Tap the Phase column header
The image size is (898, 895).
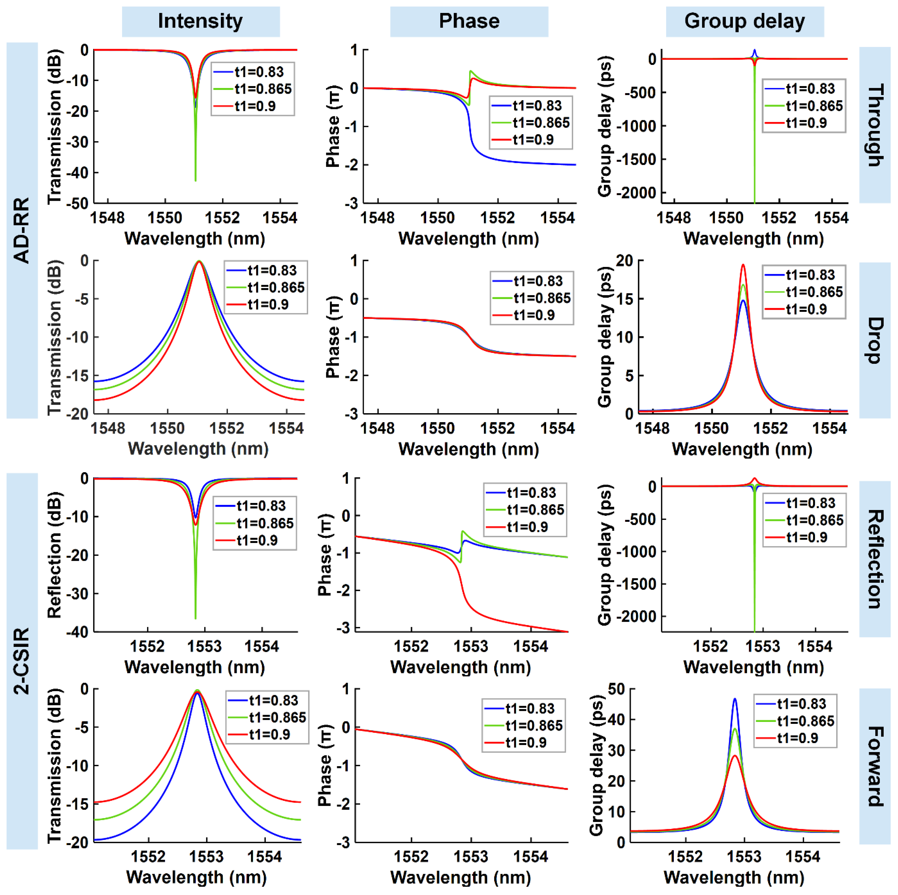pos(469,21)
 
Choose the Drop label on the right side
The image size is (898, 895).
pos(875,340)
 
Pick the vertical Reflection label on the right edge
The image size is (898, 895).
pos(875,559)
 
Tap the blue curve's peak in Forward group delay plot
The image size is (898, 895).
pos(735,699)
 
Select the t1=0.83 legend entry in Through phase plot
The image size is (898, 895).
pos(537,106)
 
